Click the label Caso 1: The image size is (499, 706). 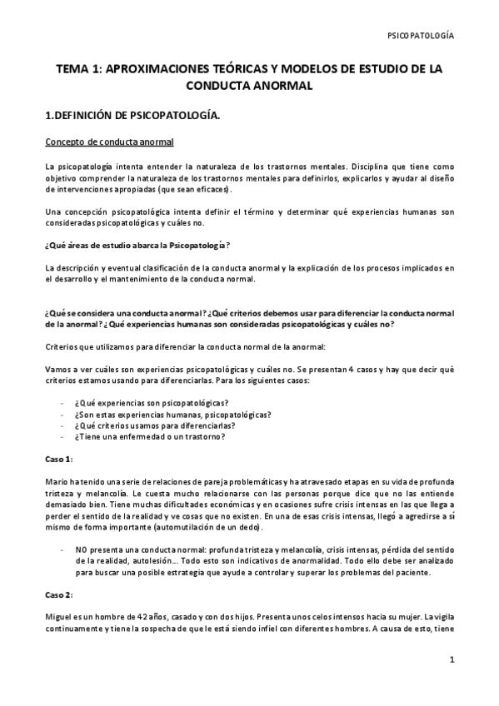pos(58,459)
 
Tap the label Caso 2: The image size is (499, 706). pos(58,595)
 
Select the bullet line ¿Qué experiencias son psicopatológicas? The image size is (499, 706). pos(140,400)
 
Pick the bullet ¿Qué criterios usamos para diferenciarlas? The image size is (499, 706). pos(146,425)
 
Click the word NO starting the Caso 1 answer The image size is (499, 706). pos(80,550)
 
